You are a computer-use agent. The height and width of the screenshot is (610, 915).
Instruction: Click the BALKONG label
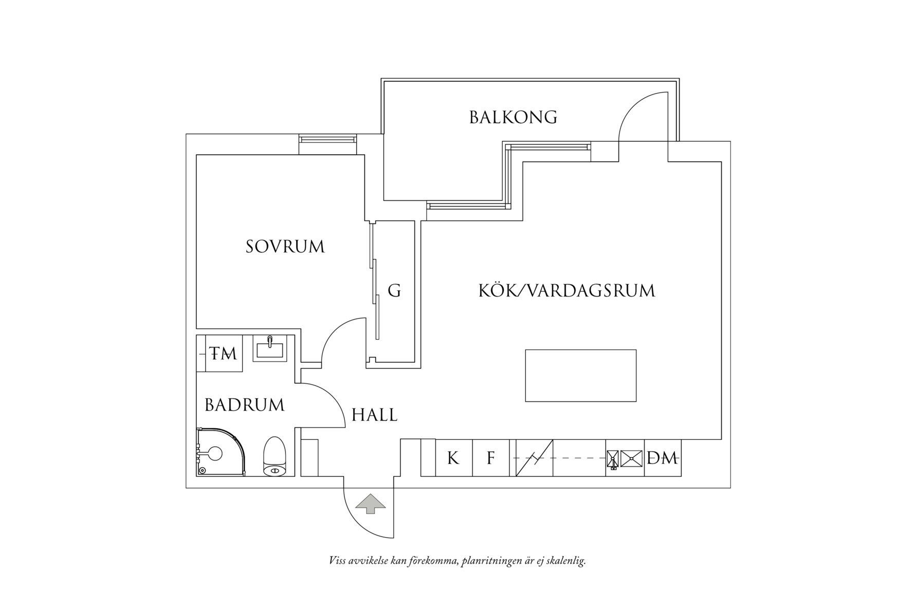[x=513, y=117]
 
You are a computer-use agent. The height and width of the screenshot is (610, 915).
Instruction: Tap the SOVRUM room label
[x=285, y=247]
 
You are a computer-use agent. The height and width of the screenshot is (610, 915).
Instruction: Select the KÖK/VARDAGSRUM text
[x=566, y=291]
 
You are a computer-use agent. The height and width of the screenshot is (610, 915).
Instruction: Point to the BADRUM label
[x=245, y=405]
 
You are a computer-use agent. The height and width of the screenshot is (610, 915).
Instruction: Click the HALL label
[x=374, y=415]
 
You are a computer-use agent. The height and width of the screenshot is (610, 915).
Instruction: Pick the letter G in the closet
[x=394, y=291]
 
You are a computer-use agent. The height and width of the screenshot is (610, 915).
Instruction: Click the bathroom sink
[x=270, y=349]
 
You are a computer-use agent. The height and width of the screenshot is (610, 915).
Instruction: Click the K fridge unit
[x=453, y=458]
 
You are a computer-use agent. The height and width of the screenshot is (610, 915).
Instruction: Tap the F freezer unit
[x=491, y=458]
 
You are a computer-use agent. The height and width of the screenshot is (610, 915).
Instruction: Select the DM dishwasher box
[x=663, y=458]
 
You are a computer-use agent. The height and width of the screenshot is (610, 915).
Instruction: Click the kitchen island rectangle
[x=580, y=376]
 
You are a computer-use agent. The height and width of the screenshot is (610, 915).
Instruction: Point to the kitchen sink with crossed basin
[x=631, y=458]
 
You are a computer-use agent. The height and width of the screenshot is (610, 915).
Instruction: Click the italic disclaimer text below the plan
[x=457, y=561]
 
